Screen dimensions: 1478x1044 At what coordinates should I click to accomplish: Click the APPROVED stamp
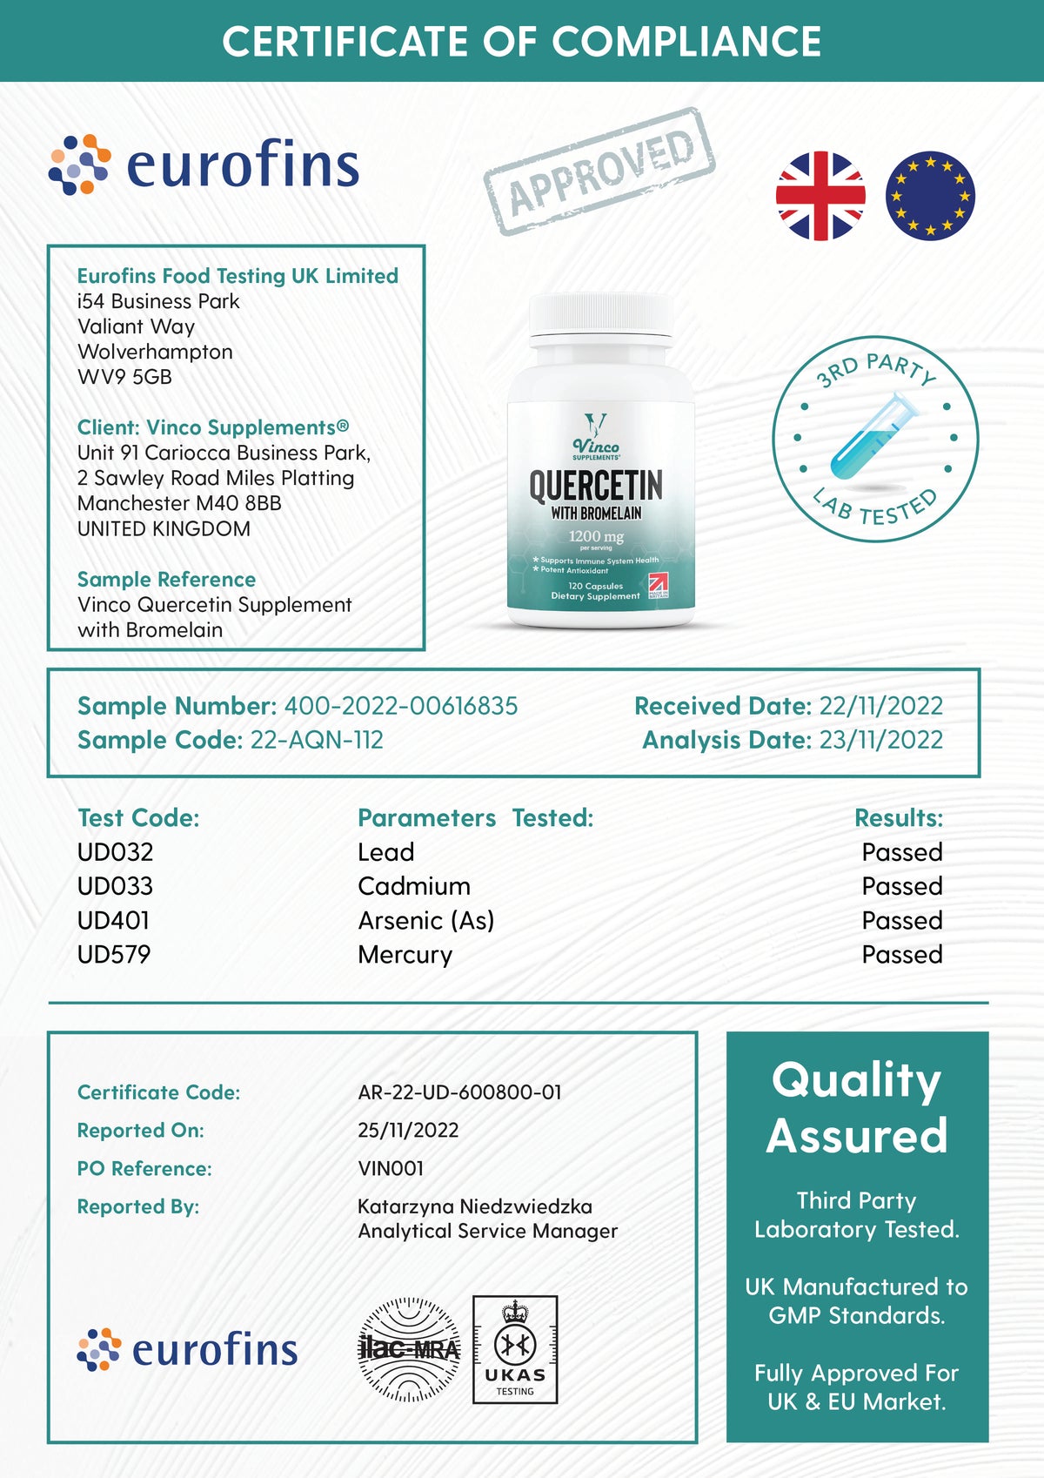(599, 172)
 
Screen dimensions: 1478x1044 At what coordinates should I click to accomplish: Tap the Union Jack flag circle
(820, 196)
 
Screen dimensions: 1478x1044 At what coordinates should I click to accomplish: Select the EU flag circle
(930, 196)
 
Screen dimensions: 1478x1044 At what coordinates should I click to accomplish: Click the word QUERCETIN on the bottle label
(596, 485)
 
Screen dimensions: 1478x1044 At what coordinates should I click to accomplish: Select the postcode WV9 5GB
(124, 377)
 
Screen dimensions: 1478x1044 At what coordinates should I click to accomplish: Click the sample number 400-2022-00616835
(401, 706)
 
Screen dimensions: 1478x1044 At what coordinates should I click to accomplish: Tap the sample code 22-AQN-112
(317, 740)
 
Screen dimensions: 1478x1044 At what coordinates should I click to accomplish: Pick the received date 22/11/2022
(880, 706)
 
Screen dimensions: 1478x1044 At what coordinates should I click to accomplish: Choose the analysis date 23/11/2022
(880, 740)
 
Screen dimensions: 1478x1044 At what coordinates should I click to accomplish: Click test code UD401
(113, 920)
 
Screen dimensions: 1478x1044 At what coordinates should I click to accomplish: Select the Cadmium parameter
(414, 886)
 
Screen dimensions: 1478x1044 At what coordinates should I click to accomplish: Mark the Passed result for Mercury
(902, 955)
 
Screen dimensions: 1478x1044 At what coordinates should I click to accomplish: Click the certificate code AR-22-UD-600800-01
(459, 1092)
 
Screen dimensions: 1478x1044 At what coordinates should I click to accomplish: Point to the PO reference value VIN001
(391, 1168)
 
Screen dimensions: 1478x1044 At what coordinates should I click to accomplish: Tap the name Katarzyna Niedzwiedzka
(475, 1206)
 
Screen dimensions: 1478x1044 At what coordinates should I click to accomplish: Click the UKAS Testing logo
(515, 1349)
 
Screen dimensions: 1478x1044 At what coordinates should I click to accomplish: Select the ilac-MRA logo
(410, 1349)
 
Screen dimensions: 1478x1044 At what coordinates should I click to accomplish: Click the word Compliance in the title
(686, 41)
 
